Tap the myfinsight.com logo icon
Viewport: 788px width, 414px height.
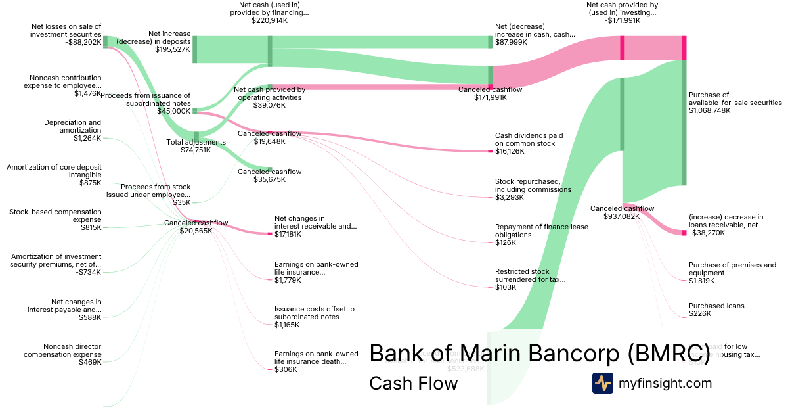602,383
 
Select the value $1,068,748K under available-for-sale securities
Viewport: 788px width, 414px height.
709,110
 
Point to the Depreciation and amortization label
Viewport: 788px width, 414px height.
72,126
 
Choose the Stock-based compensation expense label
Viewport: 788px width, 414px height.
55,216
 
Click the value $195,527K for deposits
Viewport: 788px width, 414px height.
173,49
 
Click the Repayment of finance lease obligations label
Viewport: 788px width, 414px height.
542,231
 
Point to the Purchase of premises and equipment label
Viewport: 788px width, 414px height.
732,269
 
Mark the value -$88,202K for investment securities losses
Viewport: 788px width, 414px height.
83,42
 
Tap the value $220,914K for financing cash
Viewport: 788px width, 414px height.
270,20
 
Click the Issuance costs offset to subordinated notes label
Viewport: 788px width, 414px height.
315,313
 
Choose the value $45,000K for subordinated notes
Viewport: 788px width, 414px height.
173,111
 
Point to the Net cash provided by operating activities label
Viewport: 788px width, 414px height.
269,93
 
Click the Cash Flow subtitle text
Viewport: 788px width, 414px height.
413,383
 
